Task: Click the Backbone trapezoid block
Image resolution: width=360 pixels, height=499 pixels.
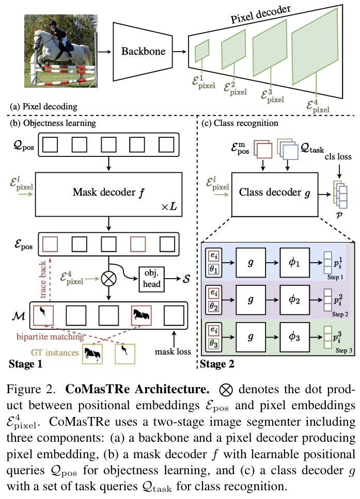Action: (x=143, y=51)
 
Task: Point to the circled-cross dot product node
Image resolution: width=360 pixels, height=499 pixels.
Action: (x=108, y=279)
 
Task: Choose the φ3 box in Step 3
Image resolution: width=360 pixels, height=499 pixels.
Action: (x=294, y=336)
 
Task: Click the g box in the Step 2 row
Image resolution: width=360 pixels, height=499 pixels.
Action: (x=251, y=300)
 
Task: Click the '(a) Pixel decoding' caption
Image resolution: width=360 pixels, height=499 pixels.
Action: (x=43, y=107)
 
